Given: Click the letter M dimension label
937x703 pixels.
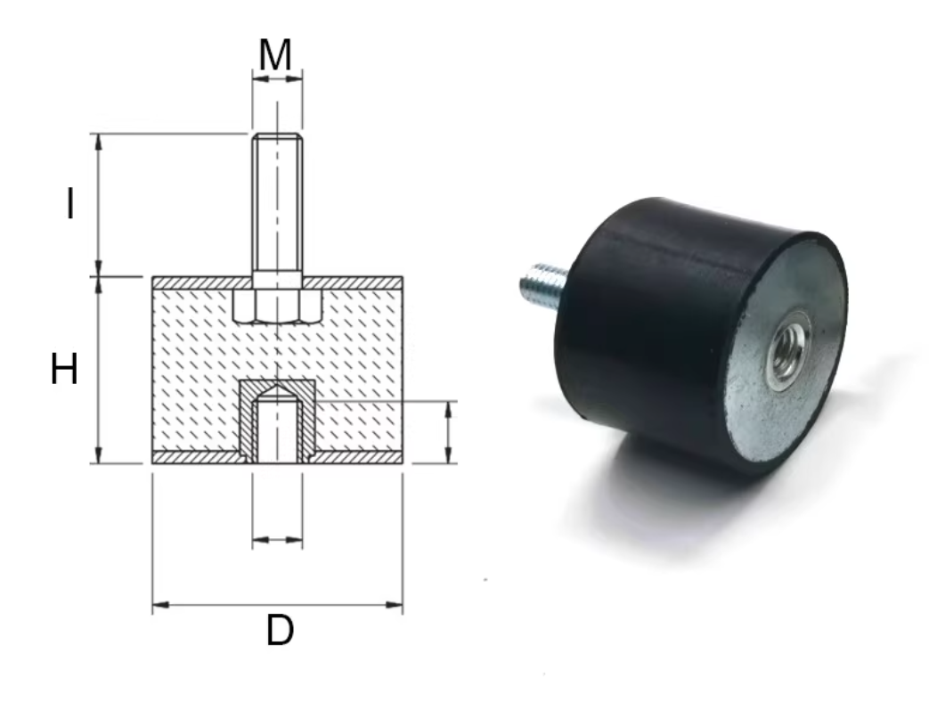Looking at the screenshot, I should click(276, 55).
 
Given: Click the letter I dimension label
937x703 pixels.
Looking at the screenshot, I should click(69, 204).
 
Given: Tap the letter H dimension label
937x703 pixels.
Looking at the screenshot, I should click(64, 369).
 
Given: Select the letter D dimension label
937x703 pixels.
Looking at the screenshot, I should click(280, 632).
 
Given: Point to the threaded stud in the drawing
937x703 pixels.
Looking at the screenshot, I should click(277, 205).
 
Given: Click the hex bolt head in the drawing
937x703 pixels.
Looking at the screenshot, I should click(277, 306).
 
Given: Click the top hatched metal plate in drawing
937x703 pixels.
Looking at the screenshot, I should click(356, 282).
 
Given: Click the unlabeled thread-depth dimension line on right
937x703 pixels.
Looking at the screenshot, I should click(447, 432).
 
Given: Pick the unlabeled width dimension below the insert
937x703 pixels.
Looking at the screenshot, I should click(277, 539).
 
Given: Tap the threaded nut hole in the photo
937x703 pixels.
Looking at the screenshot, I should click(787, 353).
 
